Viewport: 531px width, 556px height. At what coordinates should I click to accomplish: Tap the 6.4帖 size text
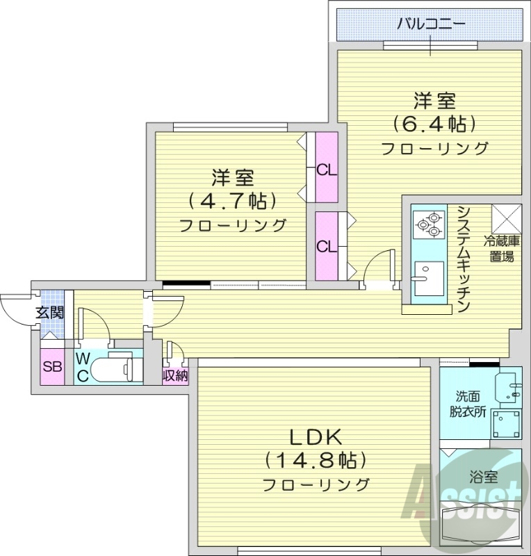tap(435, 124)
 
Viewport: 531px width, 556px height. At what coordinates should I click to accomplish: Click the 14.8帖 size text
tap(314, 460)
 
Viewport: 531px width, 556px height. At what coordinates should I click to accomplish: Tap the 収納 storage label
tap(175, 375)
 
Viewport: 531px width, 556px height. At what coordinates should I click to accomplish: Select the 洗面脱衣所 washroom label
tap(467, 402)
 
